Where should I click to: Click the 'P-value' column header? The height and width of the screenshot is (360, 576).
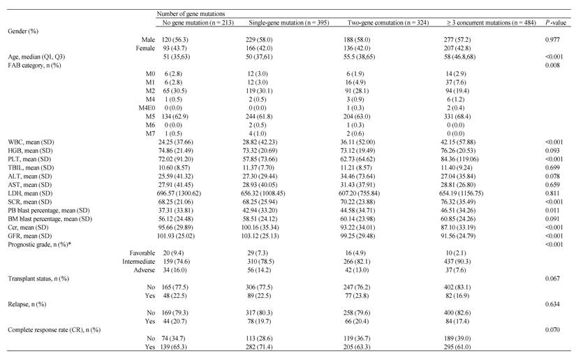(556, 23)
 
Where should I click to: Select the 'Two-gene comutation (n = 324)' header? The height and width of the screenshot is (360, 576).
(388, 23)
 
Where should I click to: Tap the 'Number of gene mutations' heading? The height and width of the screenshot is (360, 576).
(191, 14)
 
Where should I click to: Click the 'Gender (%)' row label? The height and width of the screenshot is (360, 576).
(23, 31)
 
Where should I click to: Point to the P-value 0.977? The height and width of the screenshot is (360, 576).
(552, 40)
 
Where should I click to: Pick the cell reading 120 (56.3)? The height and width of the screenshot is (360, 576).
(175, 40)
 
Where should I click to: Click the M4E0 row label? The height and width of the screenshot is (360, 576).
(147, 108)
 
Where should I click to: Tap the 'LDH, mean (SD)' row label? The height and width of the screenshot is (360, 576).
(30, 193)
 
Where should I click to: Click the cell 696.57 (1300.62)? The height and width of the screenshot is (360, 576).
(179, 193)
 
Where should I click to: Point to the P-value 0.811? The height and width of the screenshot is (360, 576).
(552, 193)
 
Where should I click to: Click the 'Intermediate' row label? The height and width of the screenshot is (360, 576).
(138, 262)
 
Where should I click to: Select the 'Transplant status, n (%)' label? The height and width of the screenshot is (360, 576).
(38, 278)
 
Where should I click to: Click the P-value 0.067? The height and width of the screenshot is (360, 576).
(552, 278)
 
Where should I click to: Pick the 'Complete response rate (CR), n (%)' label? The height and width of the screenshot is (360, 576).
(54, 330)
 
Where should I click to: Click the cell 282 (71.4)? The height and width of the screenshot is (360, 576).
(259, 347)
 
